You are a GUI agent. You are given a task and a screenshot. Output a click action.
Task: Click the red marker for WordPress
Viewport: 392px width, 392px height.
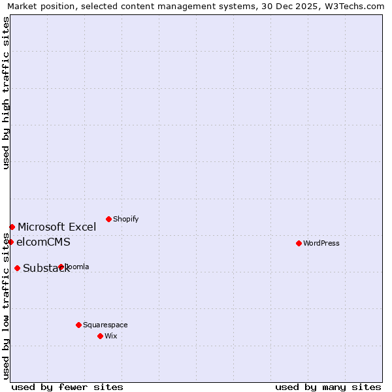pos(299,243)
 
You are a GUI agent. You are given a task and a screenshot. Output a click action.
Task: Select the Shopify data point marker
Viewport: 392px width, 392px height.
pos(108,219)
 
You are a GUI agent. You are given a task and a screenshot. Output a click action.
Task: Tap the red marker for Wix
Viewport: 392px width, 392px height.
pos(100,336)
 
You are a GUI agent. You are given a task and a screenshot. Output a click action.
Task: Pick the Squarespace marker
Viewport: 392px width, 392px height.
pos(78,325)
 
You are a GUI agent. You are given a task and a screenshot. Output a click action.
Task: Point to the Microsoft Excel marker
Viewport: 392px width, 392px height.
pos(12,227)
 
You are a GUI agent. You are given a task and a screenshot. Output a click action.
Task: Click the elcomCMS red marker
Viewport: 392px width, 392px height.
pos(10,242)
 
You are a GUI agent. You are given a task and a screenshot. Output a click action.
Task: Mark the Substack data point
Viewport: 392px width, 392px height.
pos(17,268)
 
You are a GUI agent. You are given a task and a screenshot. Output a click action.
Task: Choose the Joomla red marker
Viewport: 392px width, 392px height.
pos(61,267)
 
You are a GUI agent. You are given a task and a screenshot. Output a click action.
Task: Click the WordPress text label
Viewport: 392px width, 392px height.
pos(321,244)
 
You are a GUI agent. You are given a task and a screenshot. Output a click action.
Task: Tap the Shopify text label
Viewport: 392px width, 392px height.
pos(125,220)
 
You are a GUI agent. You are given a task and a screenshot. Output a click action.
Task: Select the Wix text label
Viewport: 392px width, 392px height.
pos(110,336)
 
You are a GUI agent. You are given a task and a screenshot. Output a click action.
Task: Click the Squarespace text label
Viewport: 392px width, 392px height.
pos(105,325)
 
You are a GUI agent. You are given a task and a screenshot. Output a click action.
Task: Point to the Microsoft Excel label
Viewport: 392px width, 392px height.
pos(57,227)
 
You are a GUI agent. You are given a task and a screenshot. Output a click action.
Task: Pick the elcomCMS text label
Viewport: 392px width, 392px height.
pos(43,242)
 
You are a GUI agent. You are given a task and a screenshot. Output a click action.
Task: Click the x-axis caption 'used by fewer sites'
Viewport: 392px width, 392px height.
pos(67,387)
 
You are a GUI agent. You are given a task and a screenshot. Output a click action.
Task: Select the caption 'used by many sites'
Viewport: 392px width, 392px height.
pos(328,387)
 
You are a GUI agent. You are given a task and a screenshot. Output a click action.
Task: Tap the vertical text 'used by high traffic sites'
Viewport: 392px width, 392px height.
pos(6,93)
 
